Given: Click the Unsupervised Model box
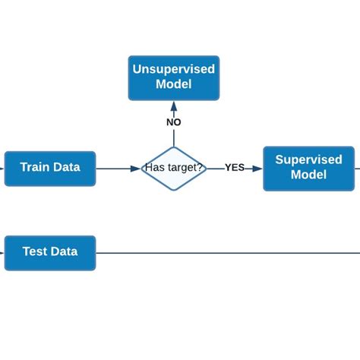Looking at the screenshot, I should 173,77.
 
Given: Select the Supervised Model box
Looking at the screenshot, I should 308,168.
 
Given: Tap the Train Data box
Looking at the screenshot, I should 50,168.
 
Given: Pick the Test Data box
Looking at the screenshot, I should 50,252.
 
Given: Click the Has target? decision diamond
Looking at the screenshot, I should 174,168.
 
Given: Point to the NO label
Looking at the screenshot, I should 174,122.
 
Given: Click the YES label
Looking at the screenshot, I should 235,168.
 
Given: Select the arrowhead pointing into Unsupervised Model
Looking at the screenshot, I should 174,106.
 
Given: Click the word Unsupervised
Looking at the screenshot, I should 173,69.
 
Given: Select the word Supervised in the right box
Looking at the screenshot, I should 308,159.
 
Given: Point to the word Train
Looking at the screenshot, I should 35,167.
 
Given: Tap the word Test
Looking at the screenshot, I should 36,251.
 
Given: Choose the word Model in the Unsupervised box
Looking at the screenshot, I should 173,84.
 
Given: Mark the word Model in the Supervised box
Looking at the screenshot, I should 308,175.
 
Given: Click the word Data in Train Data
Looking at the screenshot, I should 66,167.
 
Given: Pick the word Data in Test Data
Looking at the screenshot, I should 65,251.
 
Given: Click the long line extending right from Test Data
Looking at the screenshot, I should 228,253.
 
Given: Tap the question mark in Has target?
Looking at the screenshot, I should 200,168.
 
